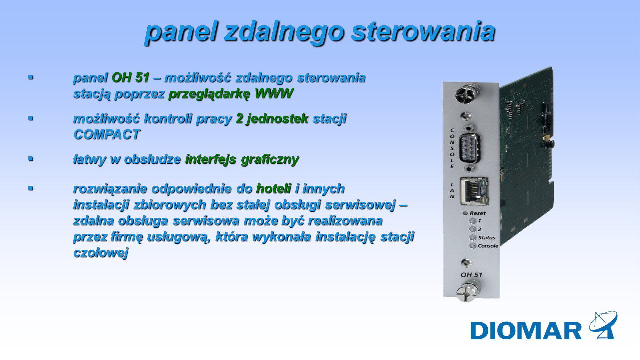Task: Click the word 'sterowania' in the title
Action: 423,31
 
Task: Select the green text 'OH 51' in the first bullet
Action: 130,77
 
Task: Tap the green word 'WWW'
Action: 274,93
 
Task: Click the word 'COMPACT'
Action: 107,134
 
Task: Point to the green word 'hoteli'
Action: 274,188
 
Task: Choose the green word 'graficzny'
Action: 270,160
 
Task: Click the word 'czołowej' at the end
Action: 101,253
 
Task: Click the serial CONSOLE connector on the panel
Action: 469,148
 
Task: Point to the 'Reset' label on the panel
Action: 477,213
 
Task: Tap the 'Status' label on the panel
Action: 487,238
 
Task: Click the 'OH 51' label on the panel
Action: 471,275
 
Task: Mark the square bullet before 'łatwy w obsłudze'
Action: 31,159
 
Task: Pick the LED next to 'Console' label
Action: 473,246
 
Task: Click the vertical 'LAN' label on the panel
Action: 452,190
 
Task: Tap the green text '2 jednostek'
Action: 272,119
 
